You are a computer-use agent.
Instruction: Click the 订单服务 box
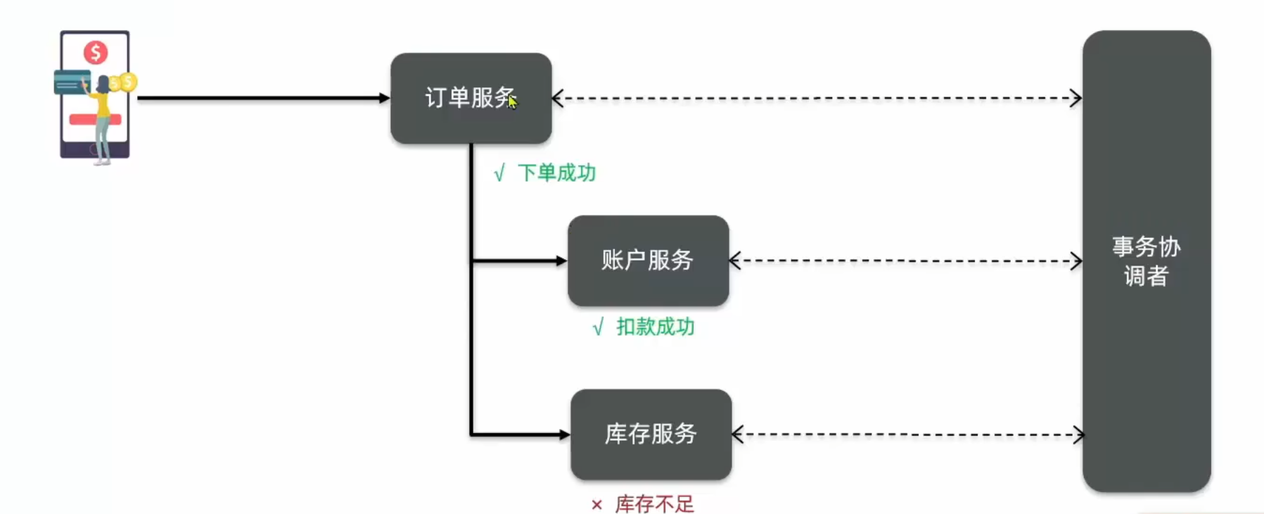point(471,98)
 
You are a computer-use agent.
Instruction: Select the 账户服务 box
point(648,261)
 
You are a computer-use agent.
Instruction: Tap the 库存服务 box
point(651,434)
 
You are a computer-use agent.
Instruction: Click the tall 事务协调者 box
point(1146,261)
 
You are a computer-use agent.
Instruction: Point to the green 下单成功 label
point(556,173)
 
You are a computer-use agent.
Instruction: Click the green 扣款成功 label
point(655,327)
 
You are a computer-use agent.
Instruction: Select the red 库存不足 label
point(654,504)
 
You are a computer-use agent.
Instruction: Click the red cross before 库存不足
point(596,505)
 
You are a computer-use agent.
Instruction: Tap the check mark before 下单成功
point(499,173)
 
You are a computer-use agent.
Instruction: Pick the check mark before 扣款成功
point(598,327)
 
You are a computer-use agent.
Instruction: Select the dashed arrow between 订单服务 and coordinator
point(816,99)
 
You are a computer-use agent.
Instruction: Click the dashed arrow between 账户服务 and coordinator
point(905,261)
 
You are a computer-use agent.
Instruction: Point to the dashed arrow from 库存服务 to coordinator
point(907,434)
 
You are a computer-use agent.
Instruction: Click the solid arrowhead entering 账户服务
point(561,261)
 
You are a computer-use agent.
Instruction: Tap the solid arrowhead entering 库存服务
point(564,434)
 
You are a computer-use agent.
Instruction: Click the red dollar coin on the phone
point(96,52)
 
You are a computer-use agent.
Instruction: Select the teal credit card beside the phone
point(71,82)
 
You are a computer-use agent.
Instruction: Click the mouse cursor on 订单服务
point(513,103)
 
